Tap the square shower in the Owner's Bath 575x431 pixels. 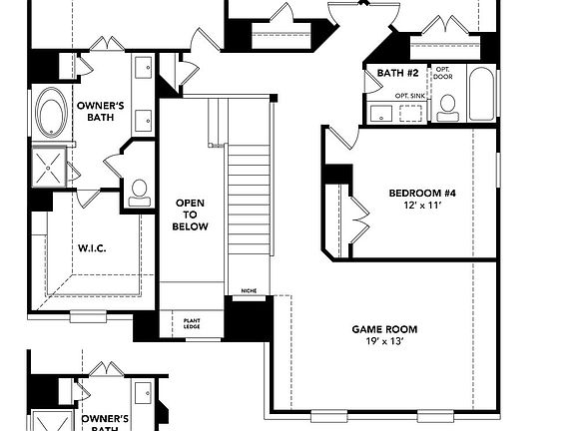pos(49,166)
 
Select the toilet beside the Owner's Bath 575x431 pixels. pos(139,190)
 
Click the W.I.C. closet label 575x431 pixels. pos(92,247)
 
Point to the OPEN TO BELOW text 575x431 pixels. pos(192,215)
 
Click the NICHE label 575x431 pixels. pos(249,291)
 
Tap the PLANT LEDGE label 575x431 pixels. pos(192,323)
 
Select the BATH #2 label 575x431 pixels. pos(395,73)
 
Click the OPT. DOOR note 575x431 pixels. pos(442,73)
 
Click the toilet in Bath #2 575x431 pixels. pos(448,106)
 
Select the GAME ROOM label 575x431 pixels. pos(384,329)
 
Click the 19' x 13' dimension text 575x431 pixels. pos(384,342)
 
